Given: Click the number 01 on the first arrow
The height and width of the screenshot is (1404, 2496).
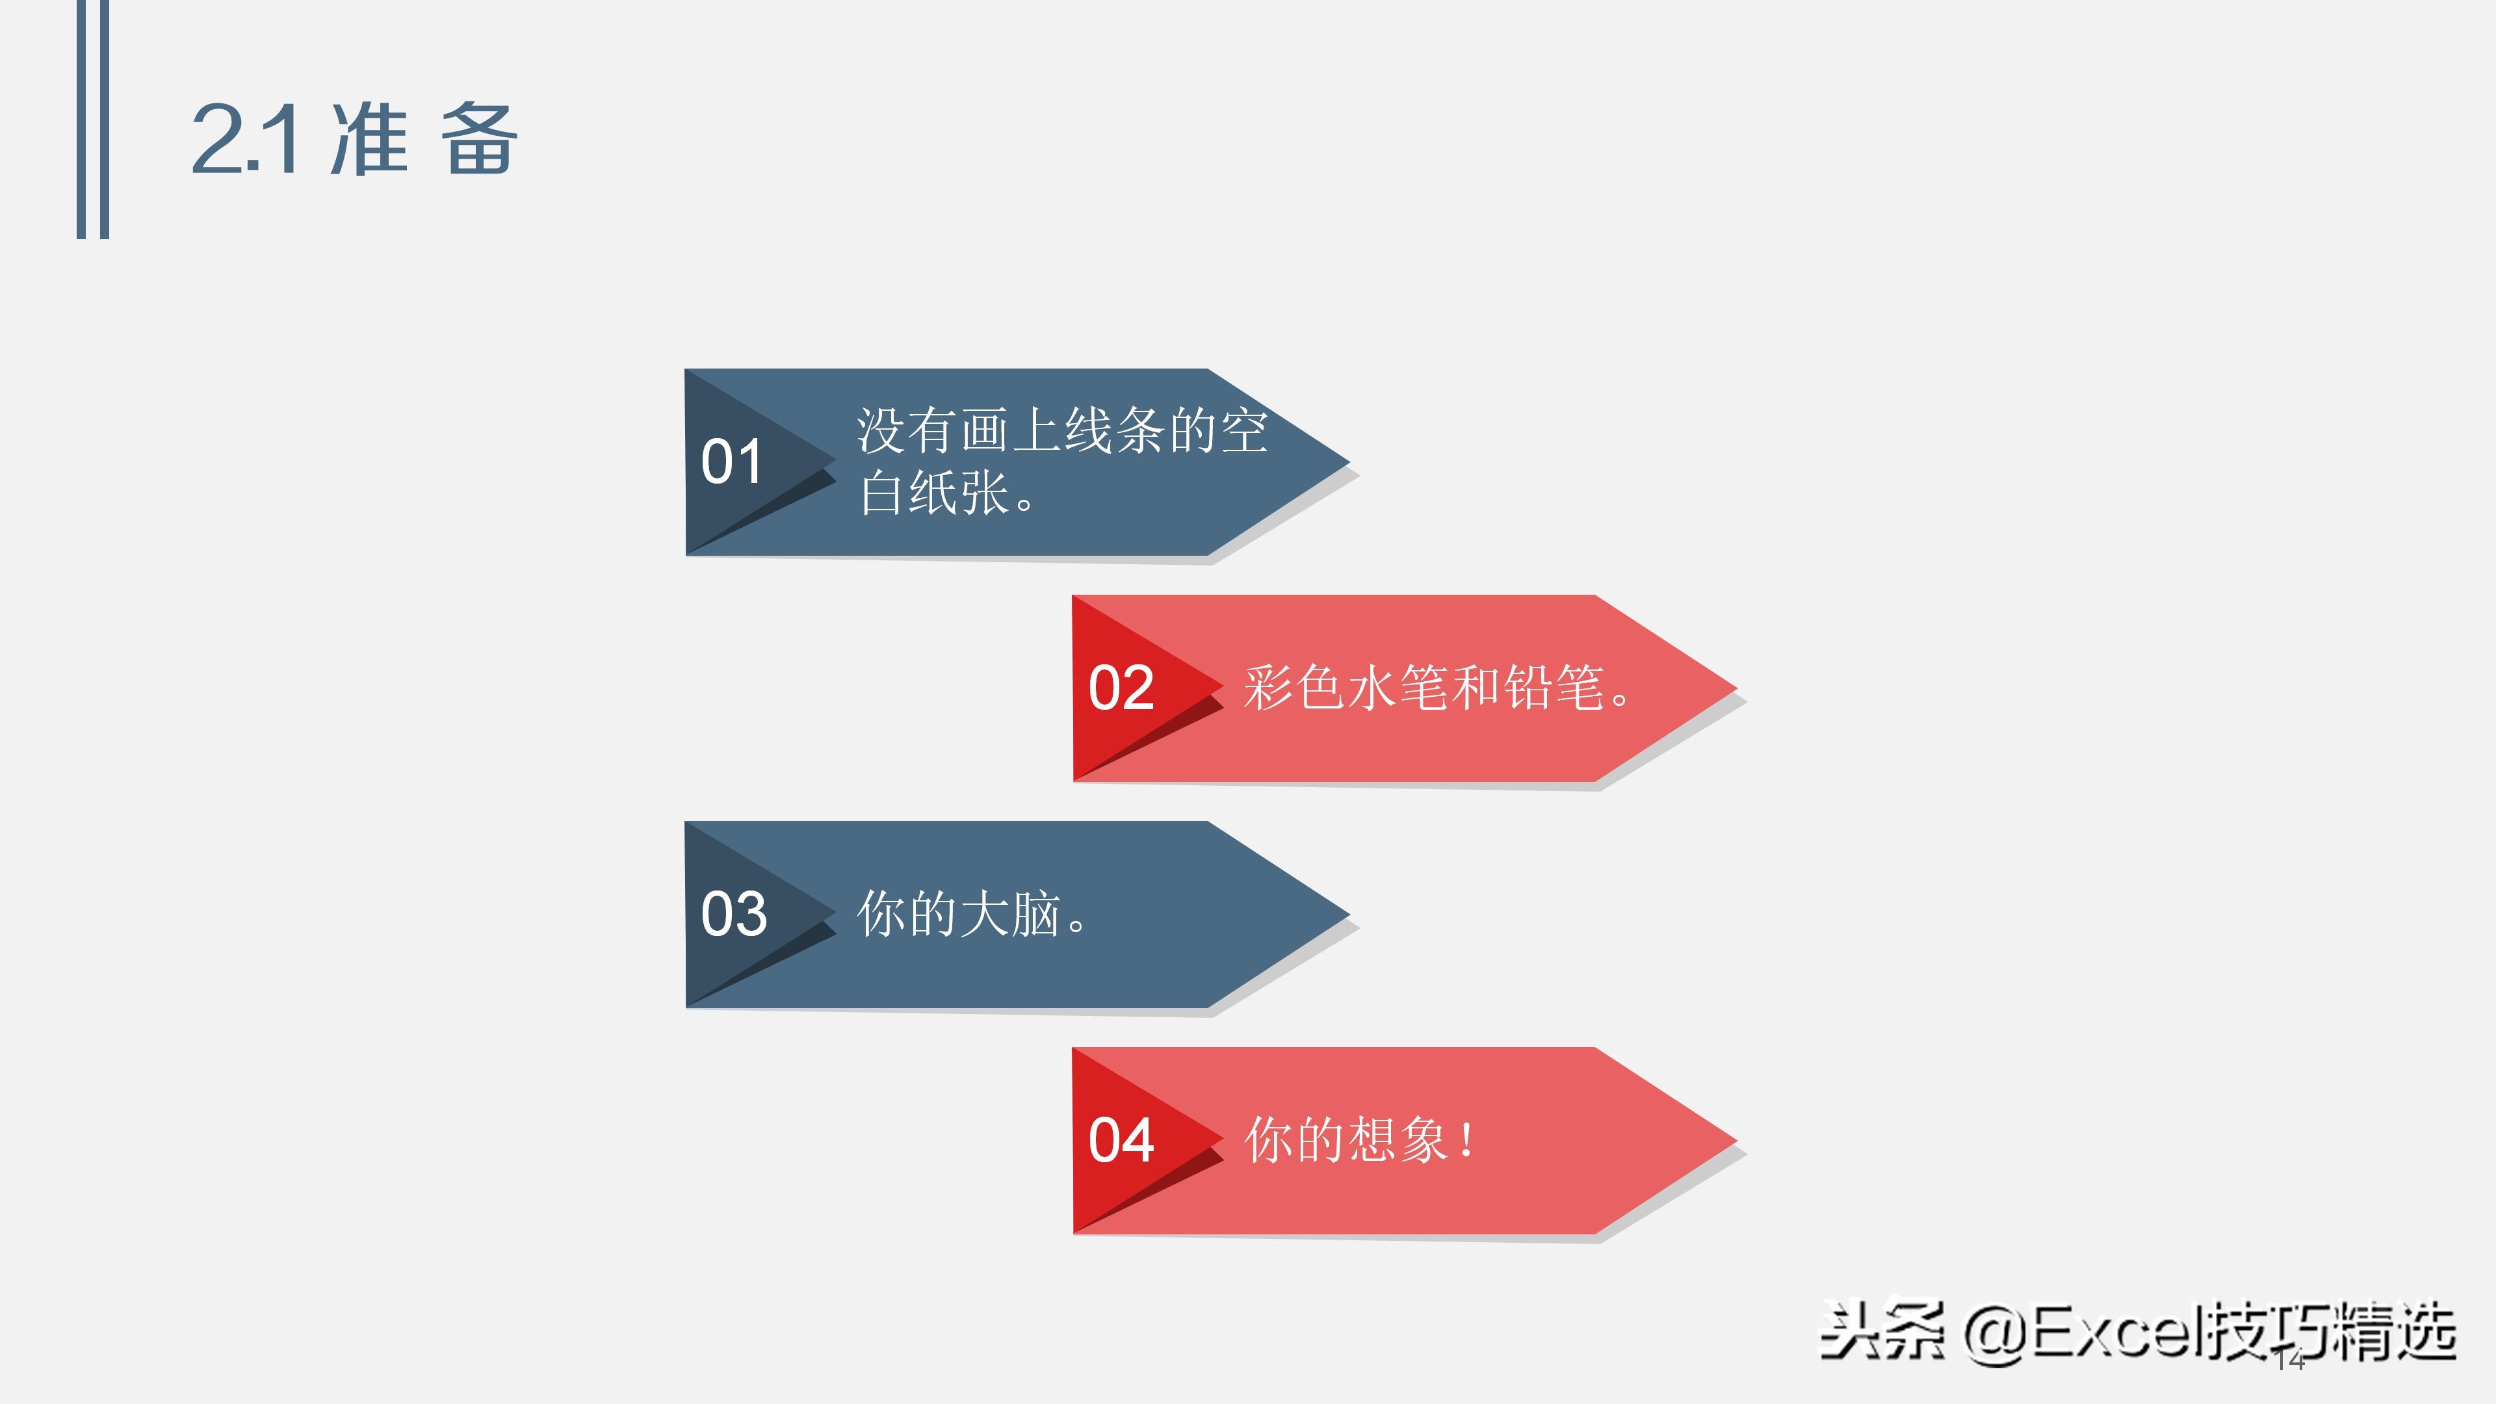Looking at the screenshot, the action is tap(731, 462).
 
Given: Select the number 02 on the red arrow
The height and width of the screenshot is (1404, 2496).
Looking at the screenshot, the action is tap(1121, 688).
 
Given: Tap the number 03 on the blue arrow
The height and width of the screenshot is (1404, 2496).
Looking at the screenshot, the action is tap(733, 914).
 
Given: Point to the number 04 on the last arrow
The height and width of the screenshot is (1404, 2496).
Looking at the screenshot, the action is tap(1121, 1141).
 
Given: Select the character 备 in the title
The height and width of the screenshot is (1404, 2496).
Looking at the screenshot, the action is tap(478, 140).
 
